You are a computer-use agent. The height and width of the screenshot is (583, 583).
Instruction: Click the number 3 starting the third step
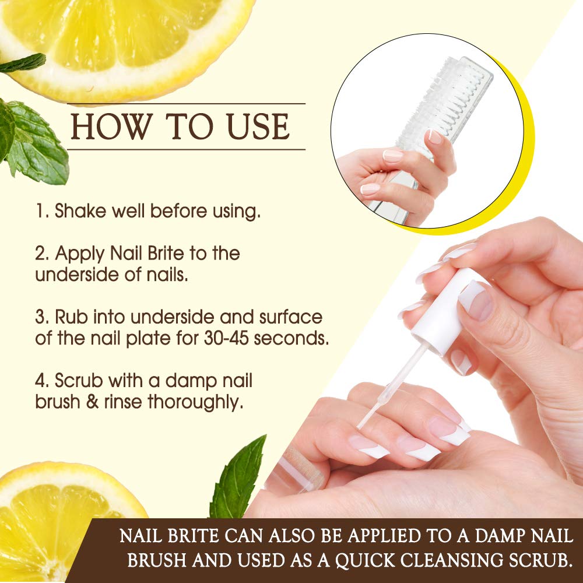click(40, 318)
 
